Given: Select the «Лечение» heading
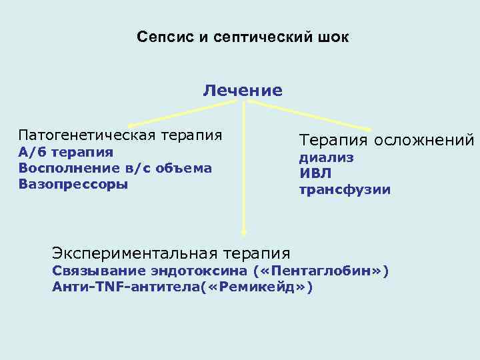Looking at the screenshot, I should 243,89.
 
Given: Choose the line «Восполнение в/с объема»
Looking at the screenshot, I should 115,168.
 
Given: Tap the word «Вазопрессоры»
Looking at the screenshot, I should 73,184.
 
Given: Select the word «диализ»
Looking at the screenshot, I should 326,158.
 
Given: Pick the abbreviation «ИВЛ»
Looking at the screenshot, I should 315,174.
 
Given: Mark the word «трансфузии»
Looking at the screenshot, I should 345,190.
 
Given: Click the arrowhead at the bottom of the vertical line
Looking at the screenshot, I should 244,233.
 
